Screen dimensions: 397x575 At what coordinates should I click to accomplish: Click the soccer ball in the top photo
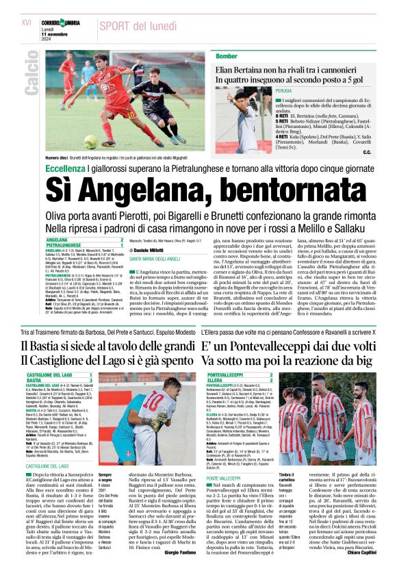tap(90, 142)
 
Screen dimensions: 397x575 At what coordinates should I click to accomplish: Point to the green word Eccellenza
tap(64, 167)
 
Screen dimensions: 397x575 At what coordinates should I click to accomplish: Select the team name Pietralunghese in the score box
tap(68, 244)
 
